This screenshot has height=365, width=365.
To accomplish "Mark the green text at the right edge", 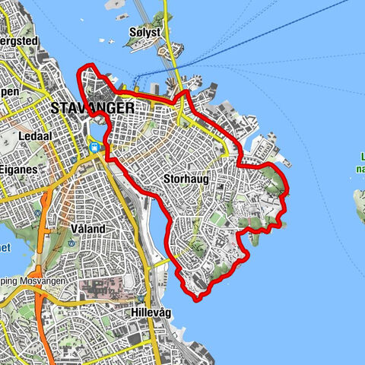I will pos(360,164).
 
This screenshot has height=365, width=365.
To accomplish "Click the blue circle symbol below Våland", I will pos(71,243).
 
